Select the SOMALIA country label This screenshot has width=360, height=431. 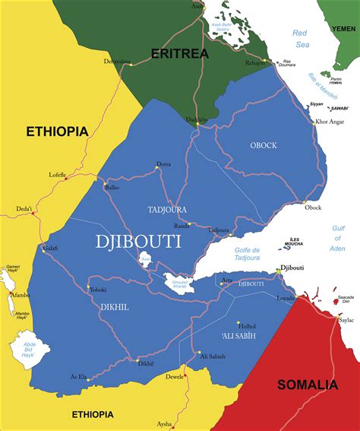pos(307,385)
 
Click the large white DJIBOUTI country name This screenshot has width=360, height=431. pos(138,242)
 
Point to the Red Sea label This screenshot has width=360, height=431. pos(301,38)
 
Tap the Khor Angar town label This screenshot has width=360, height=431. pos(330,122)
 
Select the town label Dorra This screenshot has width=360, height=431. pos(163,163)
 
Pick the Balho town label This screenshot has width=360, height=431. pos(112,186)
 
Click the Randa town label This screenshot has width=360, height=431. pos(181,226)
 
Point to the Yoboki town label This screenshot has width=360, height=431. pos(97,290)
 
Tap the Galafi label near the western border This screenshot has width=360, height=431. pos(50,247)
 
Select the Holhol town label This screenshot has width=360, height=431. pos(247,326)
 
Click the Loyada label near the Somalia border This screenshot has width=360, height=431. pos(286,298)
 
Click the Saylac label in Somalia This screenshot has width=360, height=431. pos(346,320)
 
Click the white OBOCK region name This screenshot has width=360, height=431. pos(263,145)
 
